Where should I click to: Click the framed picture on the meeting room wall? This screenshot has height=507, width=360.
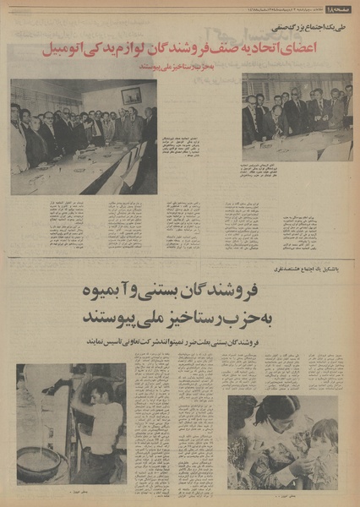pyautogui.click(x=131, y=95)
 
